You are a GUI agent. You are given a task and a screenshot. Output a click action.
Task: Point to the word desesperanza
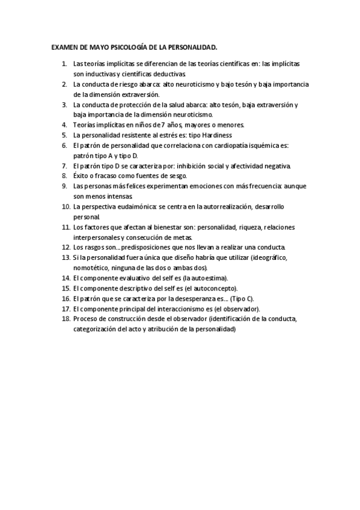coord(192,298)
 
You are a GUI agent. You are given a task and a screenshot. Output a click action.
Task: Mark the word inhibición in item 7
coord(196,165)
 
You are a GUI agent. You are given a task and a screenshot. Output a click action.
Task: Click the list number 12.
coord(66,247)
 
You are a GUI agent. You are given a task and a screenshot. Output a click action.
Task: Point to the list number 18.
coord(66,319)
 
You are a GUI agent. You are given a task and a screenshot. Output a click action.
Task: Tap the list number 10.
coord(66,206)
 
